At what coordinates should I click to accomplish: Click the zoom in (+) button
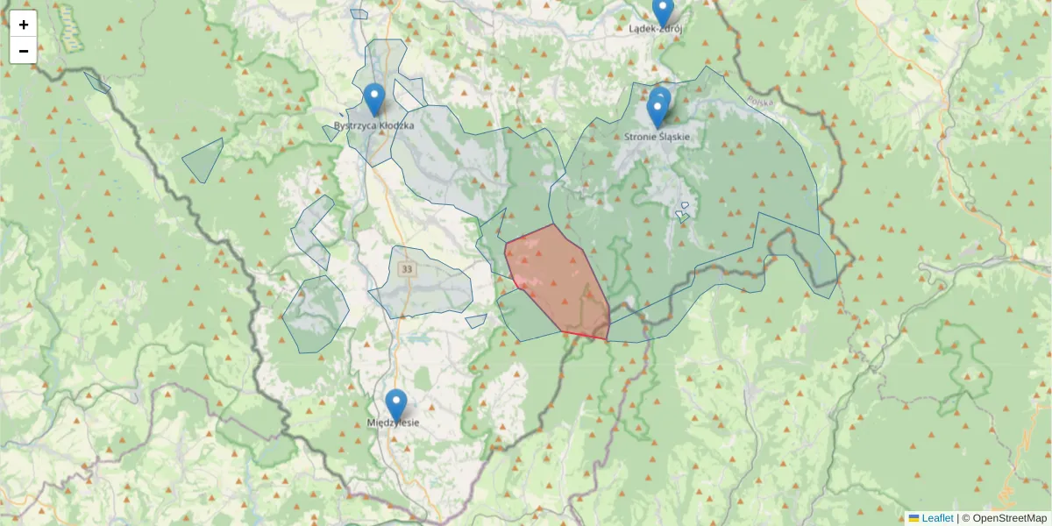click(x=24, y=25)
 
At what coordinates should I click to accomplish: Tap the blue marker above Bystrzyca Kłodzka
click(x=374, y=99)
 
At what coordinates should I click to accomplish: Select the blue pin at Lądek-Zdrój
click(x=663, y=11)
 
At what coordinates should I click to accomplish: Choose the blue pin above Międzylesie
click(x=396, y=405)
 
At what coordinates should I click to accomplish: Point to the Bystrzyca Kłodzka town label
click(x=374, y=126)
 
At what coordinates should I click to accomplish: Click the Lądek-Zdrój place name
click(x=656, y=28)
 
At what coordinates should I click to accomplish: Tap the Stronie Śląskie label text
click(x=657, y=137)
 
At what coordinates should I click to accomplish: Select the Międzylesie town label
click(x=393, y=423)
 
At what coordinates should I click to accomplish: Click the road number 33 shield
click(x=406, y=269)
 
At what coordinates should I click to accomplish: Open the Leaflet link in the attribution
click(x=937, y=518)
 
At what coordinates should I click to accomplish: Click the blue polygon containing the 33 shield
click(x=434, y=289)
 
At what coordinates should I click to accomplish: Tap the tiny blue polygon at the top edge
click(x=359, y=14)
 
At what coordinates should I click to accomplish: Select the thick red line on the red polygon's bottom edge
click(x=585, y=335)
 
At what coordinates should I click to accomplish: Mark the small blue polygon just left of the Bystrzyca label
click(x=331, y=133)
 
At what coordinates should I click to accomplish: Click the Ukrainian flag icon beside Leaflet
click(x=914, y=518)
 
